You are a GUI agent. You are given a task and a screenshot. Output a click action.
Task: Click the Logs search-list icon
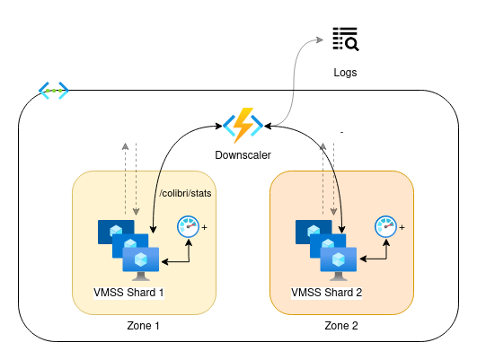(346, 39)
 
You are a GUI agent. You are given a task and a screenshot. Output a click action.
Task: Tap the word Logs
(345, 73)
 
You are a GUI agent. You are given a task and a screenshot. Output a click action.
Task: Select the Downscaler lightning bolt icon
(243, 126)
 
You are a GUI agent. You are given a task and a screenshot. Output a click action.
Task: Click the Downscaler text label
(243, 155)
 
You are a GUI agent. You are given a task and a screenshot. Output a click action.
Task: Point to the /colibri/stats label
(185, 193)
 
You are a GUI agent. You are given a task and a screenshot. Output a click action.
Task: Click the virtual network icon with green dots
(54, 91)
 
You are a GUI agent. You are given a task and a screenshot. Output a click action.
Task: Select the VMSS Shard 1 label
(128, 293)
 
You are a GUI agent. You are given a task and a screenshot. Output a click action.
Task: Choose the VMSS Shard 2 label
(326, 293)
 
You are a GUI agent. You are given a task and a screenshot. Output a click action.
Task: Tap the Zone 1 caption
(144, 326)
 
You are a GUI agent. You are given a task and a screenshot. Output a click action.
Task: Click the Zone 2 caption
(341, 326)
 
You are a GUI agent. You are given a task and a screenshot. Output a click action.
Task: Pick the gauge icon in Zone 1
(188, 226)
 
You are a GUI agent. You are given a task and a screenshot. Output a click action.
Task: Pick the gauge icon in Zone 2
(385, 226)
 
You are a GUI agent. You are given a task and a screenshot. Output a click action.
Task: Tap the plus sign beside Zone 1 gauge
(205, 227)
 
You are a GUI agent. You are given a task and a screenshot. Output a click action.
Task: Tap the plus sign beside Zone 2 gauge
(402, 227)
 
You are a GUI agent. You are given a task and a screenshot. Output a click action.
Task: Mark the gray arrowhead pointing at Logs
(320, 40)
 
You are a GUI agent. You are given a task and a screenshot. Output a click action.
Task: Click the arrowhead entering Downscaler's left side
(218, 126)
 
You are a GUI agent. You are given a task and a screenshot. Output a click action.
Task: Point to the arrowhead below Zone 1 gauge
(189, 242)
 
